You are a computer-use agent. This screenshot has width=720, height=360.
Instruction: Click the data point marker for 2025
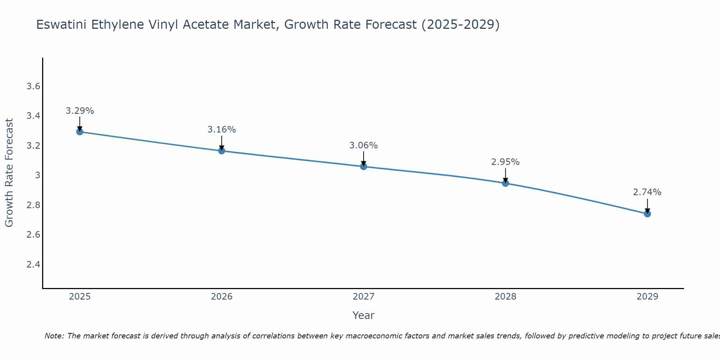[80, 132]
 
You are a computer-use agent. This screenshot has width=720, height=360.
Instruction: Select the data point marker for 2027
[363, 166]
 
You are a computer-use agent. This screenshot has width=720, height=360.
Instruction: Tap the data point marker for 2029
[647, 214]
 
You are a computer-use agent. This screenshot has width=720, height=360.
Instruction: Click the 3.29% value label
[80, 111]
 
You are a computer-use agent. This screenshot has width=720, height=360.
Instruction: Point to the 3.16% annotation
[221, 130]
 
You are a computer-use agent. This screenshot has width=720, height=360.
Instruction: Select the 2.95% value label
[505, 162]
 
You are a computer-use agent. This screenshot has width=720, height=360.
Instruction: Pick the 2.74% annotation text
[647, 192]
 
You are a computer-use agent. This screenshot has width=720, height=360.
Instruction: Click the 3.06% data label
[363, 145]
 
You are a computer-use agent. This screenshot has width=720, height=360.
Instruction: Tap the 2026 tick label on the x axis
[221, 297]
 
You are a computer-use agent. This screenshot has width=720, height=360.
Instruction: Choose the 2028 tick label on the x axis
[505, 297]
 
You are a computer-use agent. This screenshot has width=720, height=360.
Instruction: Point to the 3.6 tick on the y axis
[33, 86]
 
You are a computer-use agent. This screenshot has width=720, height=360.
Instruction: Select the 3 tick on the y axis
[37, 175]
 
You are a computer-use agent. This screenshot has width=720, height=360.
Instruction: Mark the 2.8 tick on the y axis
[33, 205]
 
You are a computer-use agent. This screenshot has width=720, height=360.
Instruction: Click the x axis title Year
[363, 315]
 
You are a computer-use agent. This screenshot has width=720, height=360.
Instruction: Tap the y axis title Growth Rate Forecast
[9, 172]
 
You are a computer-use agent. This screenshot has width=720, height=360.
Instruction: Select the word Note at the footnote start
[54, 336]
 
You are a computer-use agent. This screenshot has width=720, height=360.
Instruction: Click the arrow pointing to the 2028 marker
[505, 175]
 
